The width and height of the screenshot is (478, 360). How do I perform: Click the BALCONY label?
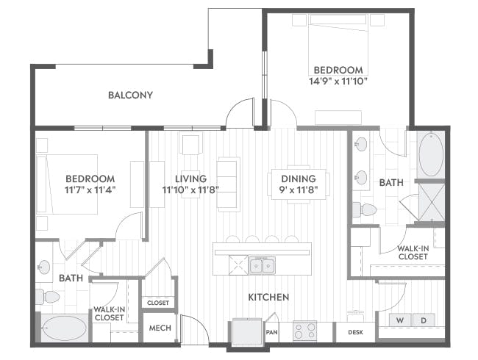130,95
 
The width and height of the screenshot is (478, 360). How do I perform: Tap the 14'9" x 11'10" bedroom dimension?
338,82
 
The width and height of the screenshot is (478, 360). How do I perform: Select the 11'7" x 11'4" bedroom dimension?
90,190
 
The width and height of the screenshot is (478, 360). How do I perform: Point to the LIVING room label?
191,179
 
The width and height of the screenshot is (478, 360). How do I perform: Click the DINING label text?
299,179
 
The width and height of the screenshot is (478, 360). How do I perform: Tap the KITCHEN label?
268,297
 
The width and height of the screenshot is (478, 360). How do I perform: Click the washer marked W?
400,320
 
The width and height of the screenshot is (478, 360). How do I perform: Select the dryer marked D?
424,320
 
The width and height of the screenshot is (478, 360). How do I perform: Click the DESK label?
355,332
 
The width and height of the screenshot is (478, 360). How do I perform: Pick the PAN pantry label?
271,331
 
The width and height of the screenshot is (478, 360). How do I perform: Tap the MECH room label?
160,328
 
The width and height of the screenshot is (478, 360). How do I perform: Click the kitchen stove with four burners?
305,331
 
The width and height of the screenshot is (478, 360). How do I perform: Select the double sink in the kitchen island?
263,265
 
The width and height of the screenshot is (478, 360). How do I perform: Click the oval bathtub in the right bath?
431,154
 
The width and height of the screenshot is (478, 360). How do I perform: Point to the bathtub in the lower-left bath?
65,328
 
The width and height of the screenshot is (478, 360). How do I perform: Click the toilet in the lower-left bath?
48,297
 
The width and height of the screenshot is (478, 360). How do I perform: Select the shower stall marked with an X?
432,202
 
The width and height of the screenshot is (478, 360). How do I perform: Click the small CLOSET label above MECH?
158,303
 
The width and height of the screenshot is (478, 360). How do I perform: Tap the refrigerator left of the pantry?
247,332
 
